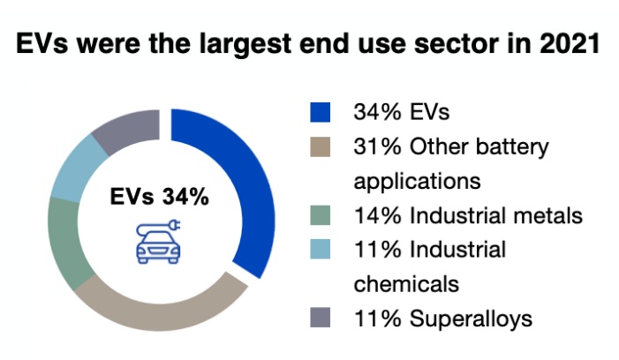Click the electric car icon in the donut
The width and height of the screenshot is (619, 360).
160,243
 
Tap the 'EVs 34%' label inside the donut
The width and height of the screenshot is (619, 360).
160,197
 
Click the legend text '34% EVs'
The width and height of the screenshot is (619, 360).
401,112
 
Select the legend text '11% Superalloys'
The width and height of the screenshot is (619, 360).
442,318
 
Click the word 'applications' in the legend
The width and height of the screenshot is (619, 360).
416,182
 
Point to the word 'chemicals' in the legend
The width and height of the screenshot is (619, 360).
407,284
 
